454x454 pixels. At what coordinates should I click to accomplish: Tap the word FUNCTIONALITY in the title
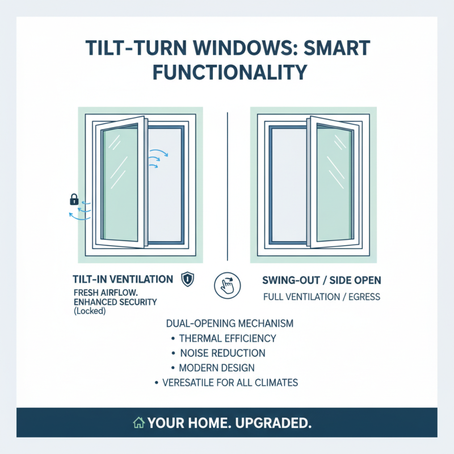click(227, 72)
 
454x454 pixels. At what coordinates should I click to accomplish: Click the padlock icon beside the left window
click(74, 199)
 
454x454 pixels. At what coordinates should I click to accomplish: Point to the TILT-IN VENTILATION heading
click(123, 279)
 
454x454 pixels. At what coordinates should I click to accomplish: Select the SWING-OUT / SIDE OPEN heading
click(322, 280)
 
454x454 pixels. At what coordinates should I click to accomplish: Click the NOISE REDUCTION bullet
click(222, 353)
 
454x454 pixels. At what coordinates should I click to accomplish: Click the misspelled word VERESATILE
click(189, 382)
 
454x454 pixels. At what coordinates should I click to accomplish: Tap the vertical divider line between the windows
click(228, 182)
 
